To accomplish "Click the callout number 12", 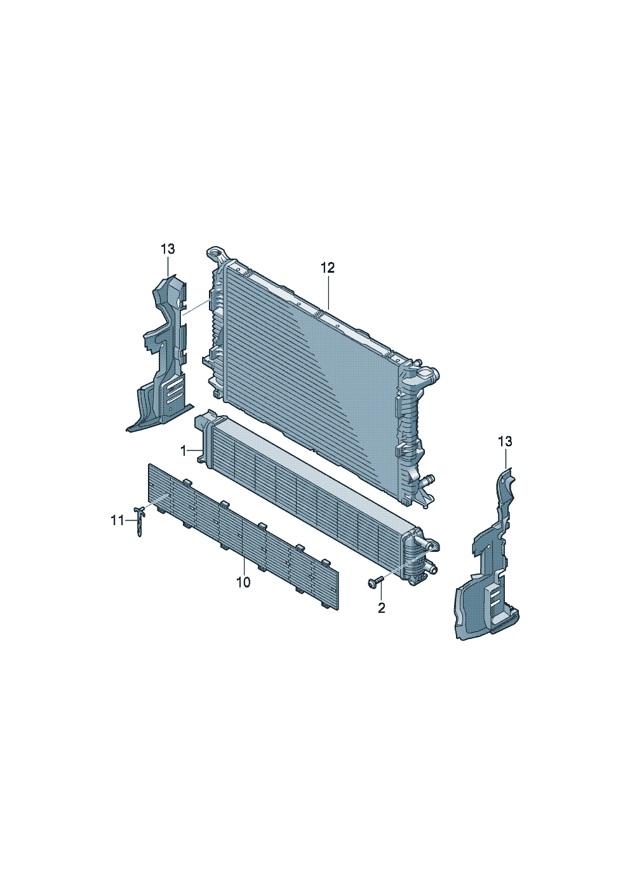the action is [x=328, y=268].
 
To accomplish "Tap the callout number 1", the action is [x=184, y=451].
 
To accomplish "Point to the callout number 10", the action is [x=243, y=582].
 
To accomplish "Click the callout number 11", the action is [x=117, y=521].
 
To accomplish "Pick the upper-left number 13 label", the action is [x=168, y=249].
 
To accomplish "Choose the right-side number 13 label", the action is [x=505, y=442].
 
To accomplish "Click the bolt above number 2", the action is [x=375, y=582].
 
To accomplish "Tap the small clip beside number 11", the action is [x=139, y=521].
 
